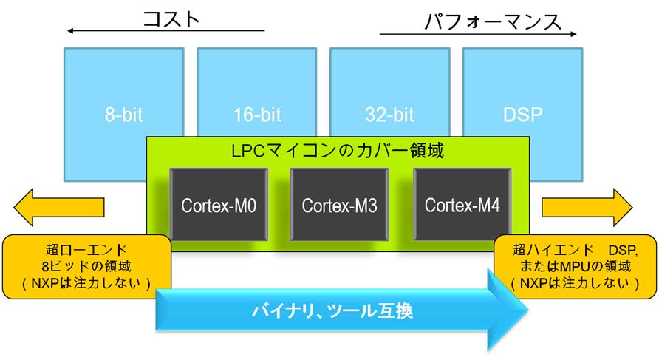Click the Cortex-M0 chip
(x=219, y=205)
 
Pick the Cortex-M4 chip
(x=462, y=205)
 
